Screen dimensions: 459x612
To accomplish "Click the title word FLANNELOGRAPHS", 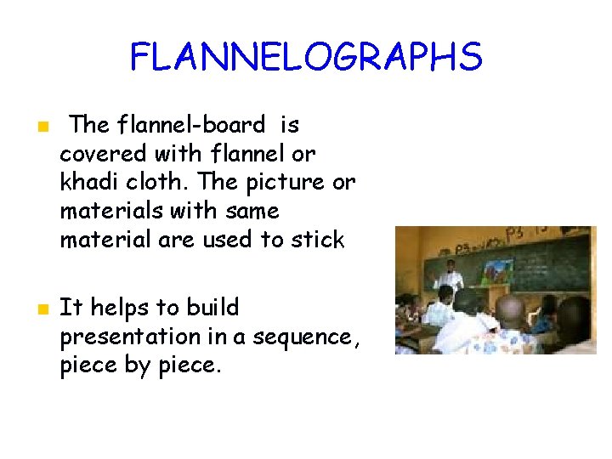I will pos(306,58).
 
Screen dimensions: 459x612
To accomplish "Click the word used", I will pos(228,240).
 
